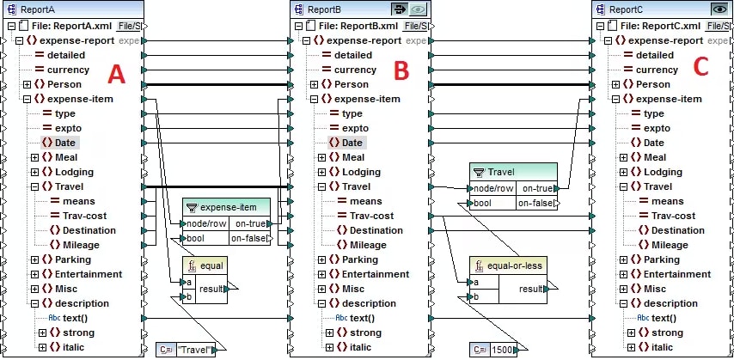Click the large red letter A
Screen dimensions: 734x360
(117, 74)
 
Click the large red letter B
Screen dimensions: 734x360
(401, 70)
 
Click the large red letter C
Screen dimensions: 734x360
(700, 67)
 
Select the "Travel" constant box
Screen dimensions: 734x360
(187, 350)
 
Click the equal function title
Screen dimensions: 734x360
(211, 265)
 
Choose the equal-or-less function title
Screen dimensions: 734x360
(515, 265)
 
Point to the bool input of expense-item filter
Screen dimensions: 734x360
(196, 238)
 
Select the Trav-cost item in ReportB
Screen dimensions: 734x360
(371, 216)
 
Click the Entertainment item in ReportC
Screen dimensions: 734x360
(677, 274)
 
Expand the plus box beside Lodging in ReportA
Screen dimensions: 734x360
(35, 172)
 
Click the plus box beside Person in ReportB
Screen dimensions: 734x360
(314, 84)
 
